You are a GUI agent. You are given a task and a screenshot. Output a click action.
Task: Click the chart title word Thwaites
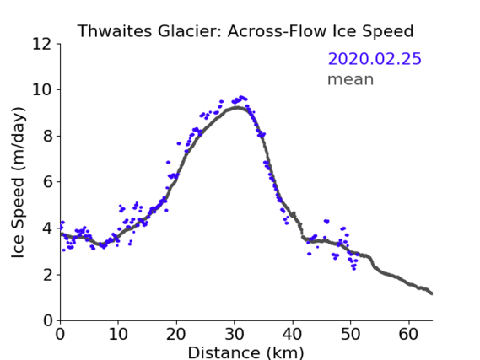(x=115, y=31)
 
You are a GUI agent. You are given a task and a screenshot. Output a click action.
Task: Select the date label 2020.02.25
(x=375, y=59)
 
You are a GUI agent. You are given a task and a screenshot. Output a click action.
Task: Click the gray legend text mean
(x=351, y=79)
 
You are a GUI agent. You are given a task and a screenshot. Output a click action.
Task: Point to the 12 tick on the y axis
(x=42, y=44)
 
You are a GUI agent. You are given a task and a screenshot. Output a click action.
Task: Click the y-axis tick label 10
(x=42, y=90)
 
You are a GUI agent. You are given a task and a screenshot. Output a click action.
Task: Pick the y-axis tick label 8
(x=47, y=136)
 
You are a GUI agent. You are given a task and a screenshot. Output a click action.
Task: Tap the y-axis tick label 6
(x=47, y=182)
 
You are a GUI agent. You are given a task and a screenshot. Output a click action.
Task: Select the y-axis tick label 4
(x=47, y=228)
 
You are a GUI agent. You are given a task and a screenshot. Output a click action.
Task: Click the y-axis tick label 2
(x=47, y=275)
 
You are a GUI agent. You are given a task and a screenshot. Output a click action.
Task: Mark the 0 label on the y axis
(x=47, y=321)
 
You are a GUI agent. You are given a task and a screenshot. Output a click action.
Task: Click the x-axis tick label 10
(x=118, y=335)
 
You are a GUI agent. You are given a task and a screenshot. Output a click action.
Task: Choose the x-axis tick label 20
(x=176, y=335)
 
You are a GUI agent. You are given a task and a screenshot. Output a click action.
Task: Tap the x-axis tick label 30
(x=235, y=335)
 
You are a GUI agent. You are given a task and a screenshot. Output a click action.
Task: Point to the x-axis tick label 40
(x=293, y=335)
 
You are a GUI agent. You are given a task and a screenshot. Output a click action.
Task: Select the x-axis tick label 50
(x=351, y=335)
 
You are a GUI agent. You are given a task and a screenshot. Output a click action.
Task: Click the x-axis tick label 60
(x=408, y=335)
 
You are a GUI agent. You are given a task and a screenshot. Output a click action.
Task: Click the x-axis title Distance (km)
(x=245, y=352)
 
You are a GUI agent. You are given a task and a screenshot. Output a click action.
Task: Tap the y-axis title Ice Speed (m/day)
(x=18, y=182)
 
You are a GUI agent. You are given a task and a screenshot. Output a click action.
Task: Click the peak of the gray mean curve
(x=236, y=107)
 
